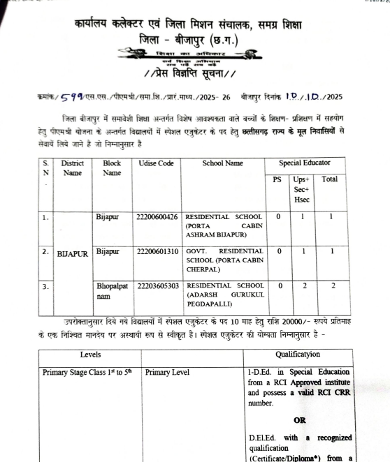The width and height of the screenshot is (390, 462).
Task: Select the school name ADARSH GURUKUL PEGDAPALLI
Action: click(224, 295)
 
